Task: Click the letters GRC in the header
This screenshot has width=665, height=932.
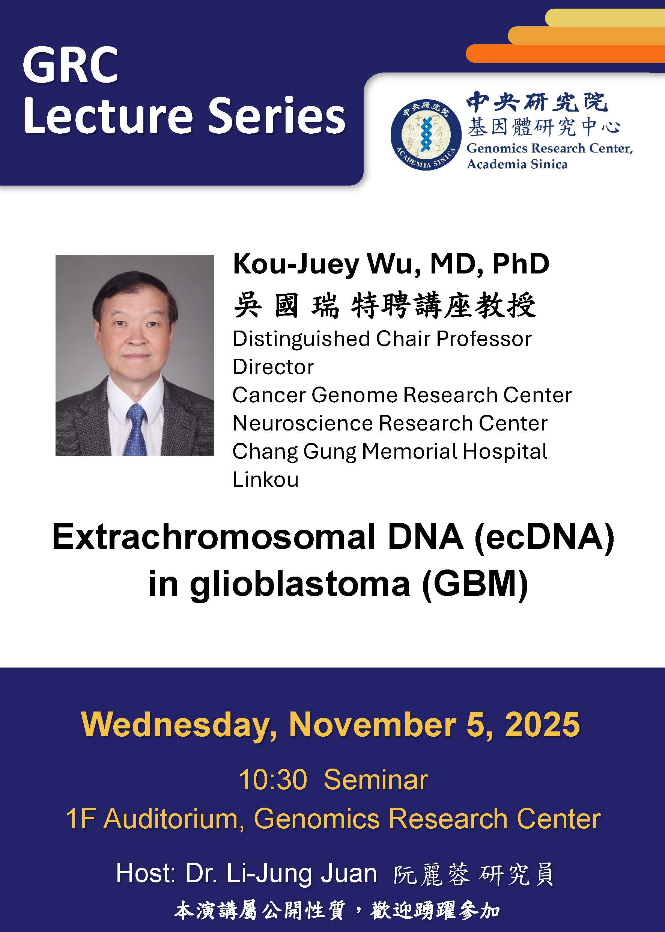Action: pos(71,65)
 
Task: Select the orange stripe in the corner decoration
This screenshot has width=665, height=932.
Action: pos(565,53)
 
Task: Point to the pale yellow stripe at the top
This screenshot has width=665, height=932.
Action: pos(605,18)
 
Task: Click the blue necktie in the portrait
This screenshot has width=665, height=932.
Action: pos(136,429)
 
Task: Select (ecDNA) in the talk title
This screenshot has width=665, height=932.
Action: pos(544,538)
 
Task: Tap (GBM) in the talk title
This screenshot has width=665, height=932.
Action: pos(475,585)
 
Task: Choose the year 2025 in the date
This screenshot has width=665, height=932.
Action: pos(542,725)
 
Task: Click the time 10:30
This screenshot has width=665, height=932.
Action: pos(273,779)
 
